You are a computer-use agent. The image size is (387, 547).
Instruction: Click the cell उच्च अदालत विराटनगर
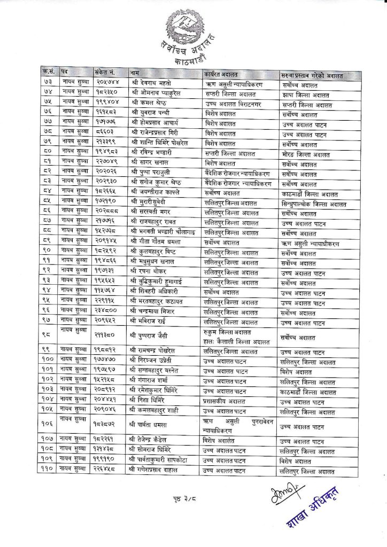[233, 104]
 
